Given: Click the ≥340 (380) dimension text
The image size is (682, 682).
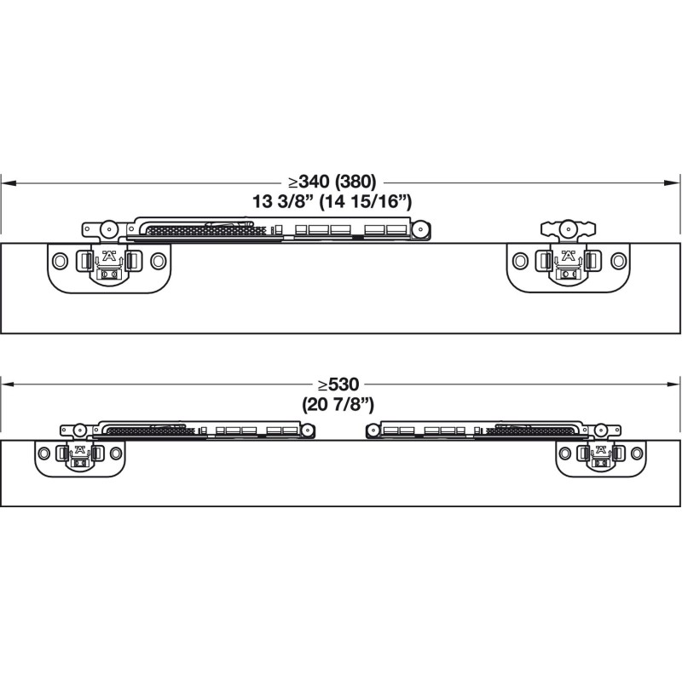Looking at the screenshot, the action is pyautogui.click(x=332, y=181).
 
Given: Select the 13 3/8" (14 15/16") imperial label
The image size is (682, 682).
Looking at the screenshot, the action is pyautogui.click(x=332, y=201).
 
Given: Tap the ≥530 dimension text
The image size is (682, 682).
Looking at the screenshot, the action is pyautogui.click(x=338, y=384).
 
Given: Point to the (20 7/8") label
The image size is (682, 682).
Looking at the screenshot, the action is pyautogui.click(x=338, y=405).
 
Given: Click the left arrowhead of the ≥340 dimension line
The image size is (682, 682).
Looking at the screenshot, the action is pyautogui.click(x=9, y=183).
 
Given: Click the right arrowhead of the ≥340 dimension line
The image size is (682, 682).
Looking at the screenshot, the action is pyautogui.click(x=672, y=183).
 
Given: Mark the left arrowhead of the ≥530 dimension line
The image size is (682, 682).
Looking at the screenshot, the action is pyautogui.click(x=9, y=384).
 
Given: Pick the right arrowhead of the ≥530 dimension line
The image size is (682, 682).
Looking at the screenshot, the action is pyautogui.click(x=672, y=384).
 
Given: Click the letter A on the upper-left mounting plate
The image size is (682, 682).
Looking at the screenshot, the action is pyautogui.click(x=109, y=255).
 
